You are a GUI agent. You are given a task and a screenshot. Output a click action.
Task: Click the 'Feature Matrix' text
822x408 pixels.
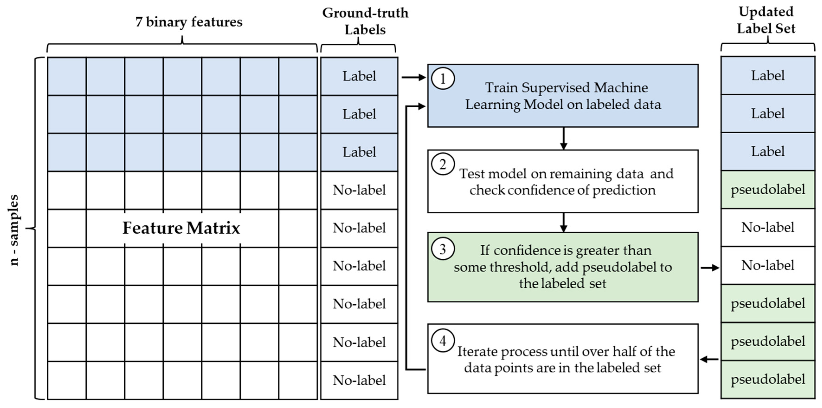click(x=181, y=228)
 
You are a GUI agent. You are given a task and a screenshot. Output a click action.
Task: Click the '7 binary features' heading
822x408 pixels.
click(x=189, y=22)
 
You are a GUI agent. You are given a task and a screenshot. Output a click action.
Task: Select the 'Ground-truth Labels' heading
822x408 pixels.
click(x=365, y=21)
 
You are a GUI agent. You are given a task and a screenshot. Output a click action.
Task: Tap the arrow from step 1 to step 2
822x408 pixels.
click(x=564, y=138)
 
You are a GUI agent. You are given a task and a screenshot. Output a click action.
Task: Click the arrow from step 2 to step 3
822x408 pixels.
click(x=564, y=222)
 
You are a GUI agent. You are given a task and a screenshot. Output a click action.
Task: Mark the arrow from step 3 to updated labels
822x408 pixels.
click(x=710, y=268)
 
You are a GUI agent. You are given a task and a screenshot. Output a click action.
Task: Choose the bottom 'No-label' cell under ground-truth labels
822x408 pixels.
click(x=359, y=380)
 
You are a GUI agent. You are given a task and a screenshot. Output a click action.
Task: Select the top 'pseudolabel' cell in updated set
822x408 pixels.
click(x=768, y=190)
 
